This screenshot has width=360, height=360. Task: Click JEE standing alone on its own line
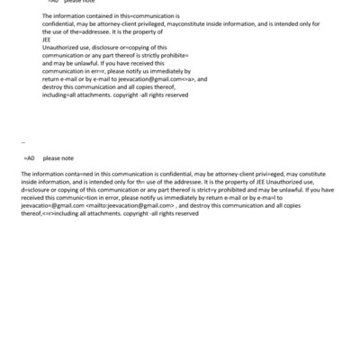[47, 40]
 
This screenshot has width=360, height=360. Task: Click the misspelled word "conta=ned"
[75, 173]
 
